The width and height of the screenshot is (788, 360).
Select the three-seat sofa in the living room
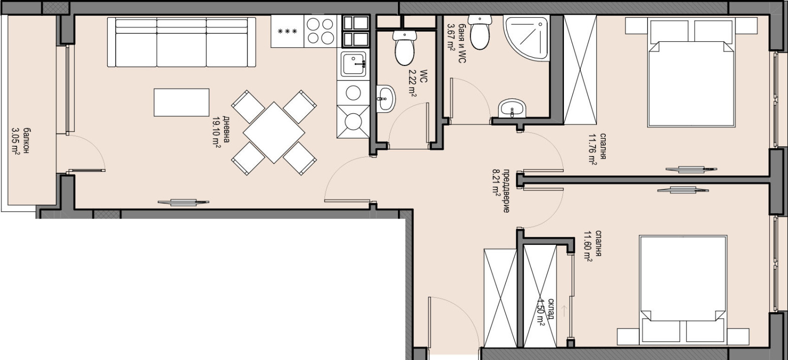[x=182, y=42]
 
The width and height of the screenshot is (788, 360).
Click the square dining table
[x=274, y=132]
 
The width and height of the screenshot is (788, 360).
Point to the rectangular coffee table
[x=182, y=102]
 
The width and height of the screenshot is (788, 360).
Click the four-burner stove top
[x=321, y=31]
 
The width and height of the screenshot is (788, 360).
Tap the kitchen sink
[x=354, y=64]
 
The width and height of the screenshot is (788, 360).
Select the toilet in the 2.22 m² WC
[x=404, y=47]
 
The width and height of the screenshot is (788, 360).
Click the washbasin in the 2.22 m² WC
[x=386, y=99]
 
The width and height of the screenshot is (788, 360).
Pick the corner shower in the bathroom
[x=526, y=37]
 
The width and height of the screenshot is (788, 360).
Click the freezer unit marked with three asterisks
[x=288, y=32]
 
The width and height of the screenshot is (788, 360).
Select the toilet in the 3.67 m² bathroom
[x=480, y=33]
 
